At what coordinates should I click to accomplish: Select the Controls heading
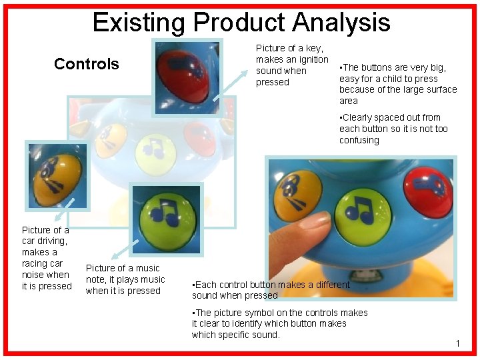click(x=86, y=64)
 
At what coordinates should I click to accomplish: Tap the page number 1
click(x=458, y=343)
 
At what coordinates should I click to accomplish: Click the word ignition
click(x=311, y=59)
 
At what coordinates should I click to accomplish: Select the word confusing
click(x=359, y=140)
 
